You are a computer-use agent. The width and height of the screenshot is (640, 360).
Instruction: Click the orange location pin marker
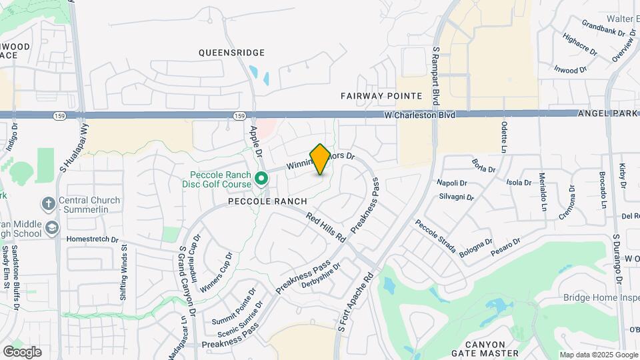[x=320, y=159]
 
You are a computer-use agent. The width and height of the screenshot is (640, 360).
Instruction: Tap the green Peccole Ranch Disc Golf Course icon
[x=261, y=178]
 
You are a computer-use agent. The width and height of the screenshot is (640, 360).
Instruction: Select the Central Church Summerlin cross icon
[x=48, y=203]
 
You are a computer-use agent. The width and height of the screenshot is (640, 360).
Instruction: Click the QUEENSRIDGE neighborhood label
[x=232, y=53]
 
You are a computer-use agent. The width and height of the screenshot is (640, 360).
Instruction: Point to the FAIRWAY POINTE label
[x=382, y=96]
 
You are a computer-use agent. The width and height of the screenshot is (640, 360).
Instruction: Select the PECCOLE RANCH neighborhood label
[x=267, y=201]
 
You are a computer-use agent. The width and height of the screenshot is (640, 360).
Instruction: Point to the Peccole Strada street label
[x=435, y=237]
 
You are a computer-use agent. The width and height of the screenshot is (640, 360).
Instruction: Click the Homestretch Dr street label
[x=93, y=239]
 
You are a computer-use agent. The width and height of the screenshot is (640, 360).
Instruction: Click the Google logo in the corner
[x=22, y=351]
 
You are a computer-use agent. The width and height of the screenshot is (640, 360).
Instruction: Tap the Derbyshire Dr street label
[x=321, y=275]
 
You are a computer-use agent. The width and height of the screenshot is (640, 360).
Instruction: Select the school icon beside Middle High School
[x=52, y=229]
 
